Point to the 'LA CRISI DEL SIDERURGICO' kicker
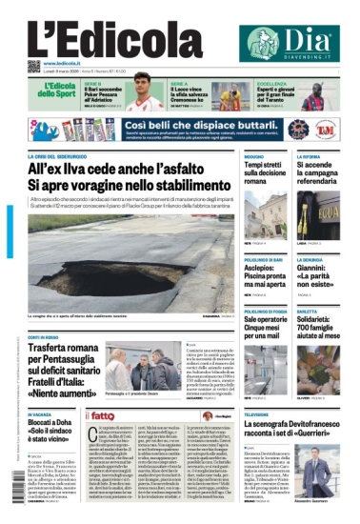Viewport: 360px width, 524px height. pos(57,155)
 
